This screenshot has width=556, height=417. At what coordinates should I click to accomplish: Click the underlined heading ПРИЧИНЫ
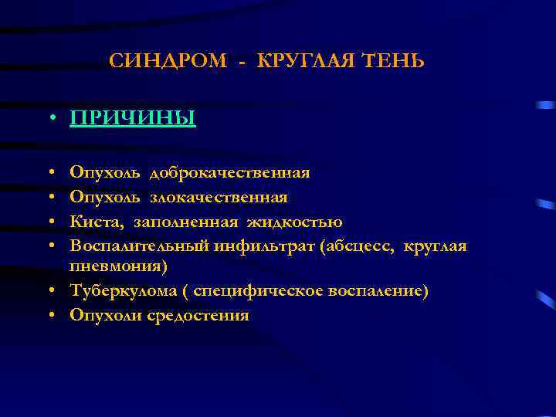(x=132, y=118)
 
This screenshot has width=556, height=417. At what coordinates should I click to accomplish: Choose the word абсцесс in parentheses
(x=351, y=246)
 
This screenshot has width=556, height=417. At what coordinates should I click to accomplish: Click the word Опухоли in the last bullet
(x=102, y=315)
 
